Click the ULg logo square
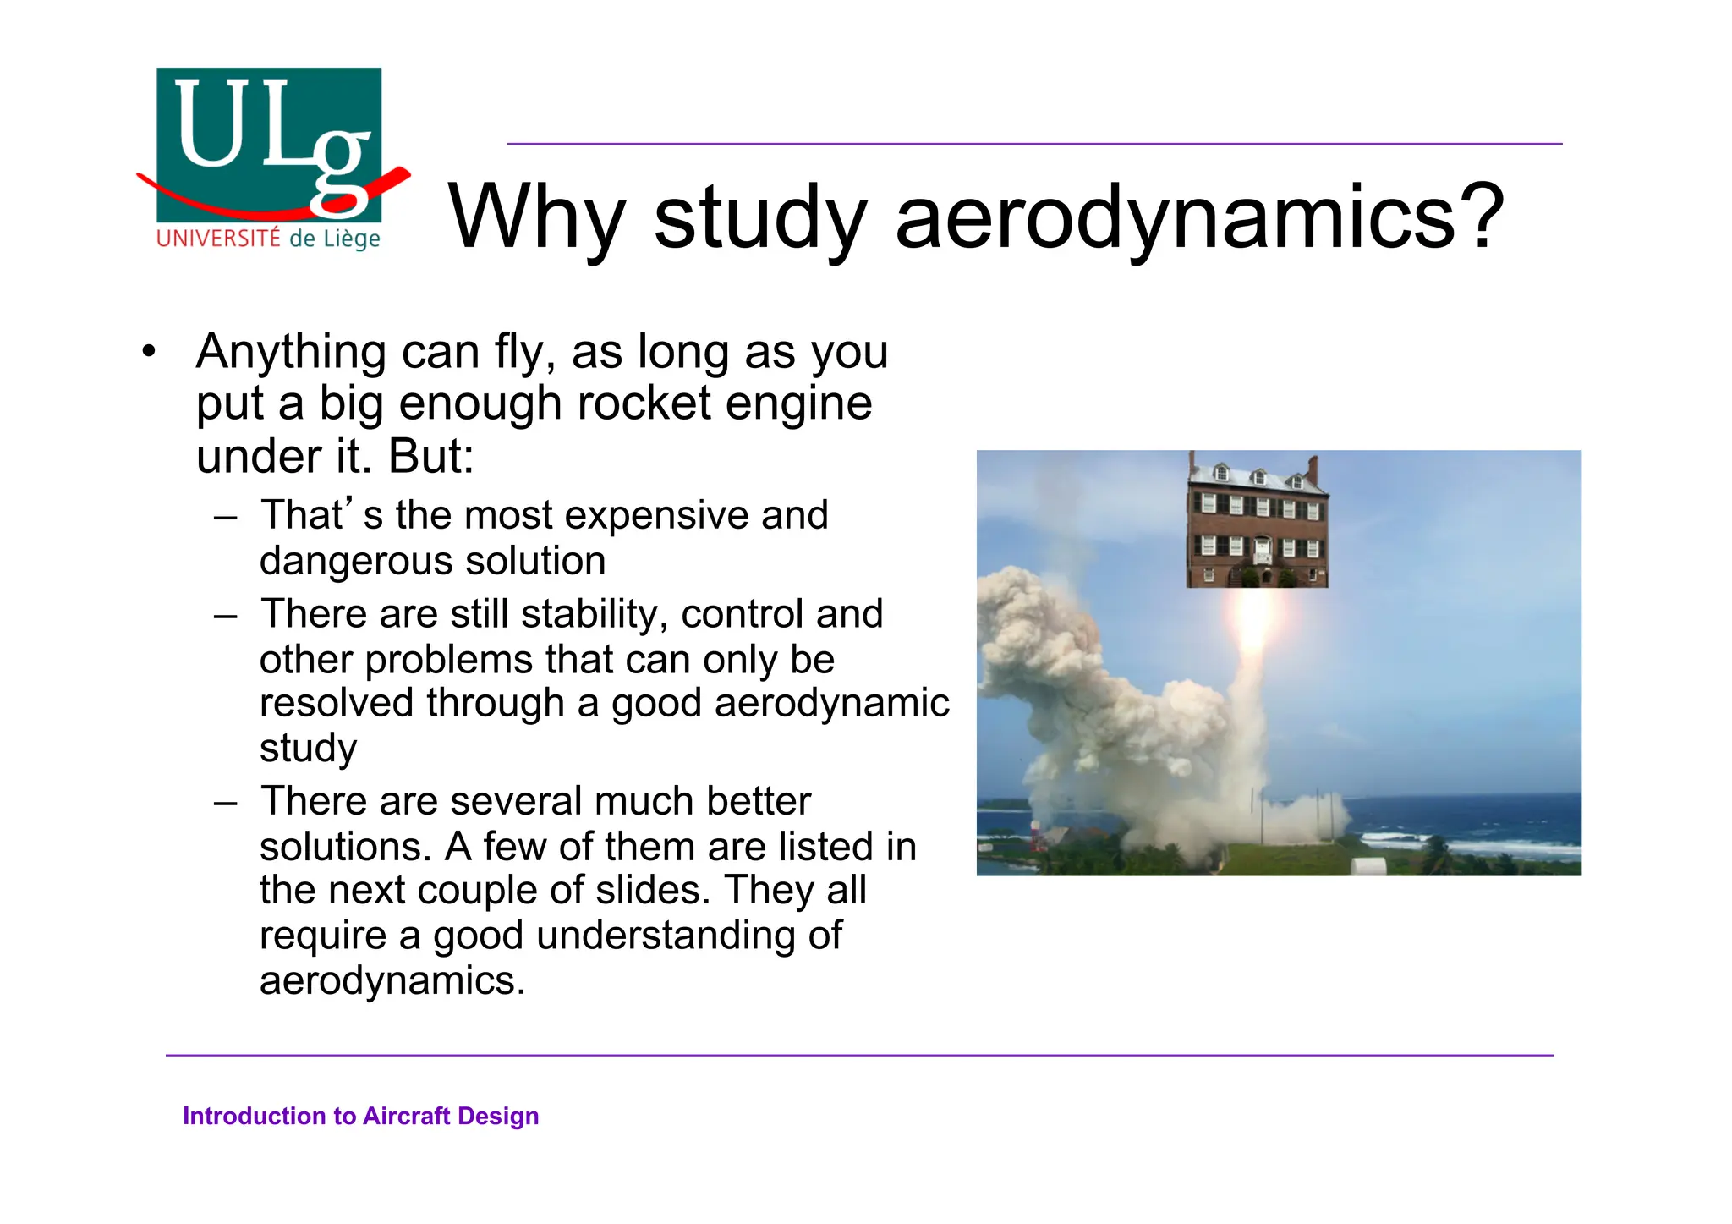point(269,144)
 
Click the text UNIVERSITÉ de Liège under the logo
point(268,239)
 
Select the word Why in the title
point(536,217)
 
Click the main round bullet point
point(149,351)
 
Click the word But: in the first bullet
point(430,457)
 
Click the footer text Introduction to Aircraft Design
point(360,1116)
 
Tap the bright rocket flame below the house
point(1252,622)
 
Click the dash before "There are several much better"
point(225,802)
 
